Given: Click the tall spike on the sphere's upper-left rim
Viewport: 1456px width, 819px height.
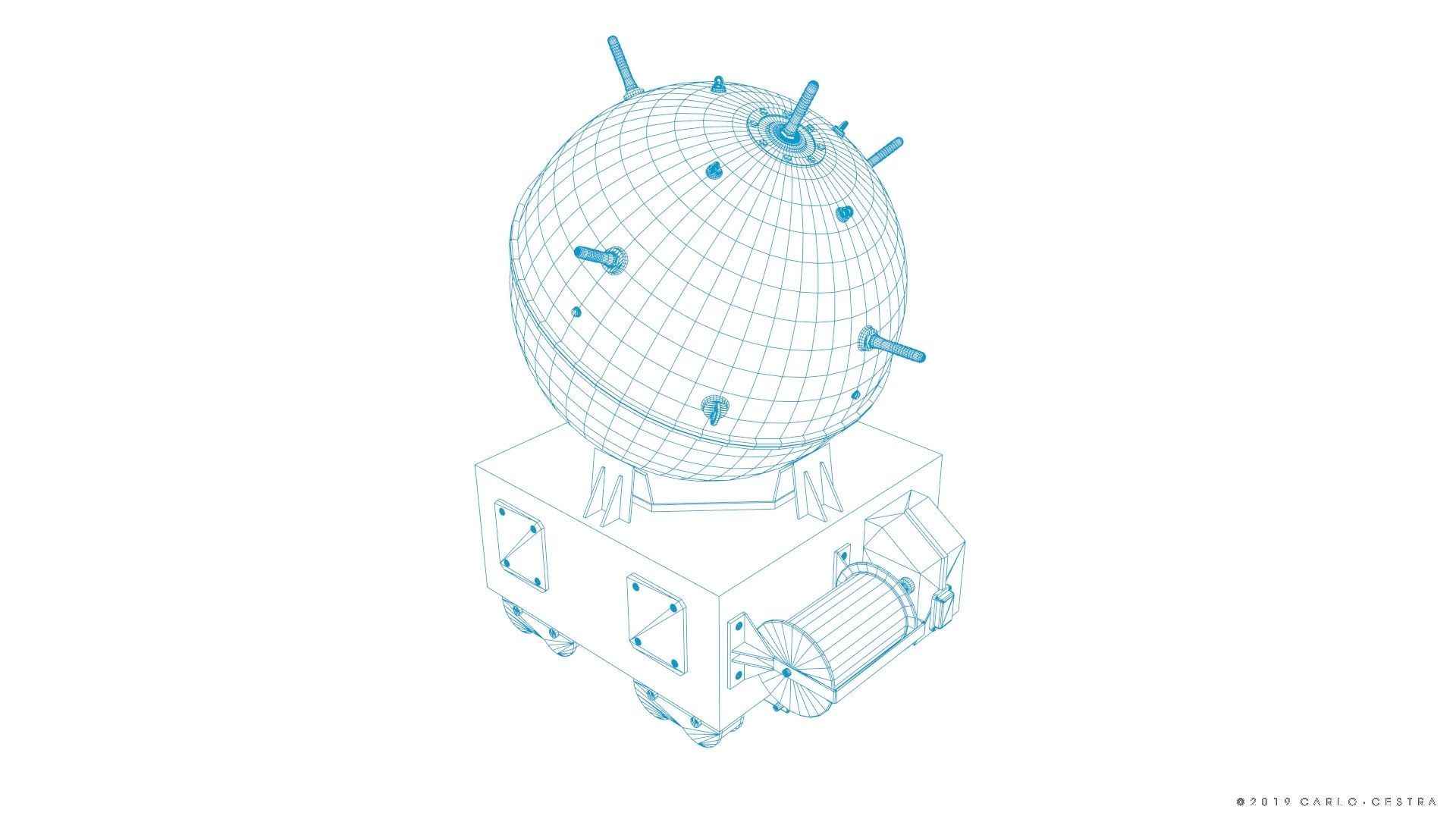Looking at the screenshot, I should [x=620, y=64].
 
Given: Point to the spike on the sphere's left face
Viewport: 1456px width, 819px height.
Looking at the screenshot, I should [x=596, y=256].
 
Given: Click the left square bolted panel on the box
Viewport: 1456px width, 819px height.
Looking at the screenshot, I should [x=520, y=544].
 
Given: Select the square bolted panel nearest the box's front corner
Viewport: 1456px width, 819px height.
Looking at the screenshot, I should [x=657, y=620].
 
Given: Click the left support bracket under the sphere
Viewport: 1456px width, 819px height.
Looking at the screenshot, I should [x=611, y=490].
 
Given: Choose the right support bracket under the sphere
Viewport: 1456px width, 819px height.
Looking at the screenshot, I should [x=811, y=490].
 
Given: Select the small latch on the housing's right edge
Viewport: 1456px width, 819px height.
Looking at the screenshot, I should [x=942, y=607].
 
